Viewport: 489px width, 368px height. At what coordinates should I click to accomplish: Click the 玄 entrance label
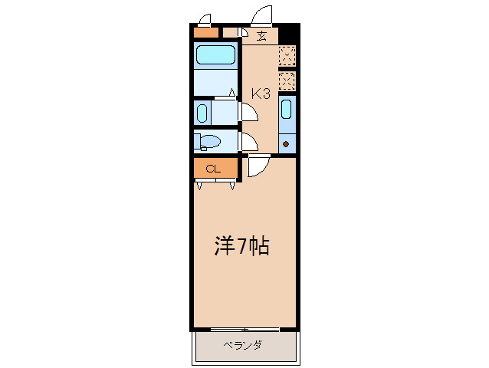[262, 35]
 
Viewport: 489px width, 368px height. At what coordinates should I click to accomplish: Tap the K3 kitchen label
[261, 94]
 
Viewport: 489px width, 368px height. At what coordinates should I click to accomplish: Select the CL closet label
[213, 169]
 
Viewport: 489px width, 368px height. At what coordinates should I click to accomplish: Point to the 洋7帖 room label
[241, 246]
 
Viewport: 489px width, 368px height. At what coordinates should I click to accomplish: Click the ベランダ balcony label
[243, 345]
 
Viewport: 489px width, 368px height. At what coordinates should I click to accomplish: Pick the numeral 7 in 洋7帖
[241, 246]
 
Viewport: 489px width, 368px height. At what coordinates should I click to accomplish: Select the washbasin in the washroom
[202, 113]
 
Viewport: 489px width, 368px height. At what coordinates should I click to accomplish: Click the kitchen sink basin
[287, 111]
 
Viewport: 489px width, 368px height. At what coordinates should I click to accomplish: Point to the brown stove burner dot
[287, 143]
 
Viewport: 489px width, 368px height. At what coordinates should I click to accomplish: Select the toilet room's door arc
[249, 142]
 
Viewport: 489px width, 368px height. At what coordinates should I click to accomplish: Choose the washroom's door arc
[249, 112]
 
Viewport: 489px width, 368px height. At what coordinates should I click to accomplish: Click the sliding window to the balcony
[244, 330]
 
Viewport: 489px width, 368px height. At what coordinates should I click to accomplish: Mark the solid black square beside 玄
[287, 35]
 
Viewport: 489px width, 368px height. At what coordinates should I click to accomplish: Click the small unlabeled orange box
[205, 33]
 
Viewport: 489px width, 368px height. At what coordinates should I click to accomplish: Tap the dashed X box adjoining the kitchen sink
[287, 81]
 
